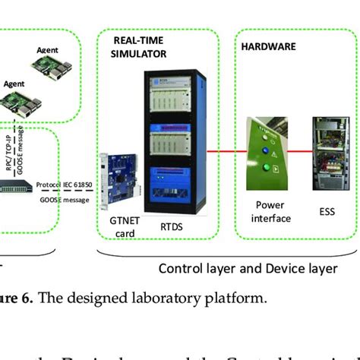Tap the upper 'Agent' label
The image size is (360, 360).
pos(48,50)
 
